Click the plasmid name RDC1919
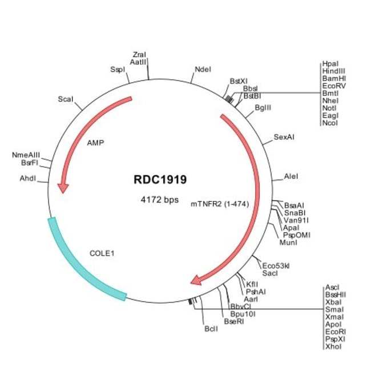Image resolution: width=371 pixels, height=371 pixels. tap(160, 180)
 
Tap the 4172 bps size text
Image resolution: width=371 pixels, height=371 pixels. tap(160, 200)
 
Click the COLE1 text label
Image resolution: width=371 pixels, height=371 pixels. tap(102, 252)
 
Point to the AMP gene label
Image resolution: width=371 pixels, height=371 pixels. tap(95, 143)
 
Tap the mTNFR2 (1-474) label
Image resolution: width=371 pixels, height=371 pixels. tap(220, 204)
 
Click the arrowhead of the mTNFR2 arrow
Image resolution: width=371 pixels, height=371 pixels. tap(196, 280)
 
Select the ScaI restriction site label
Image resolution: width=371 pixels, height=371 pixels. tap(66, 99)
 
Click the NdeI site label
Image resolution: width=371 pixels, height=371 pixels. tap(203, 69)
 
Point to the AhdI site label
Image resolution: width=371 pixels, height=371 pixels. tap(28, 178)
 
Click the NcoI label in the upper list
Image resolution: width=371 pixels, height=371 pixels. tap(330, 123)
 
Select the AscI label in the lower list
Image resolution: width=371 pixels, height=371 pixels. tap(332, 287)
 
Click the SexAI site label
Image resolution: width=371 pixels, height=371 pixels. tap(284, 137)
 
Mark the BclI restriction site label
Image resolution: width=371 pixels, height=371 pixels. tap(211, 329)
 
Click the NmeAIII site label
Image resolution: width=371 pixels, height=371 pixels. tap(26, 155)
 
